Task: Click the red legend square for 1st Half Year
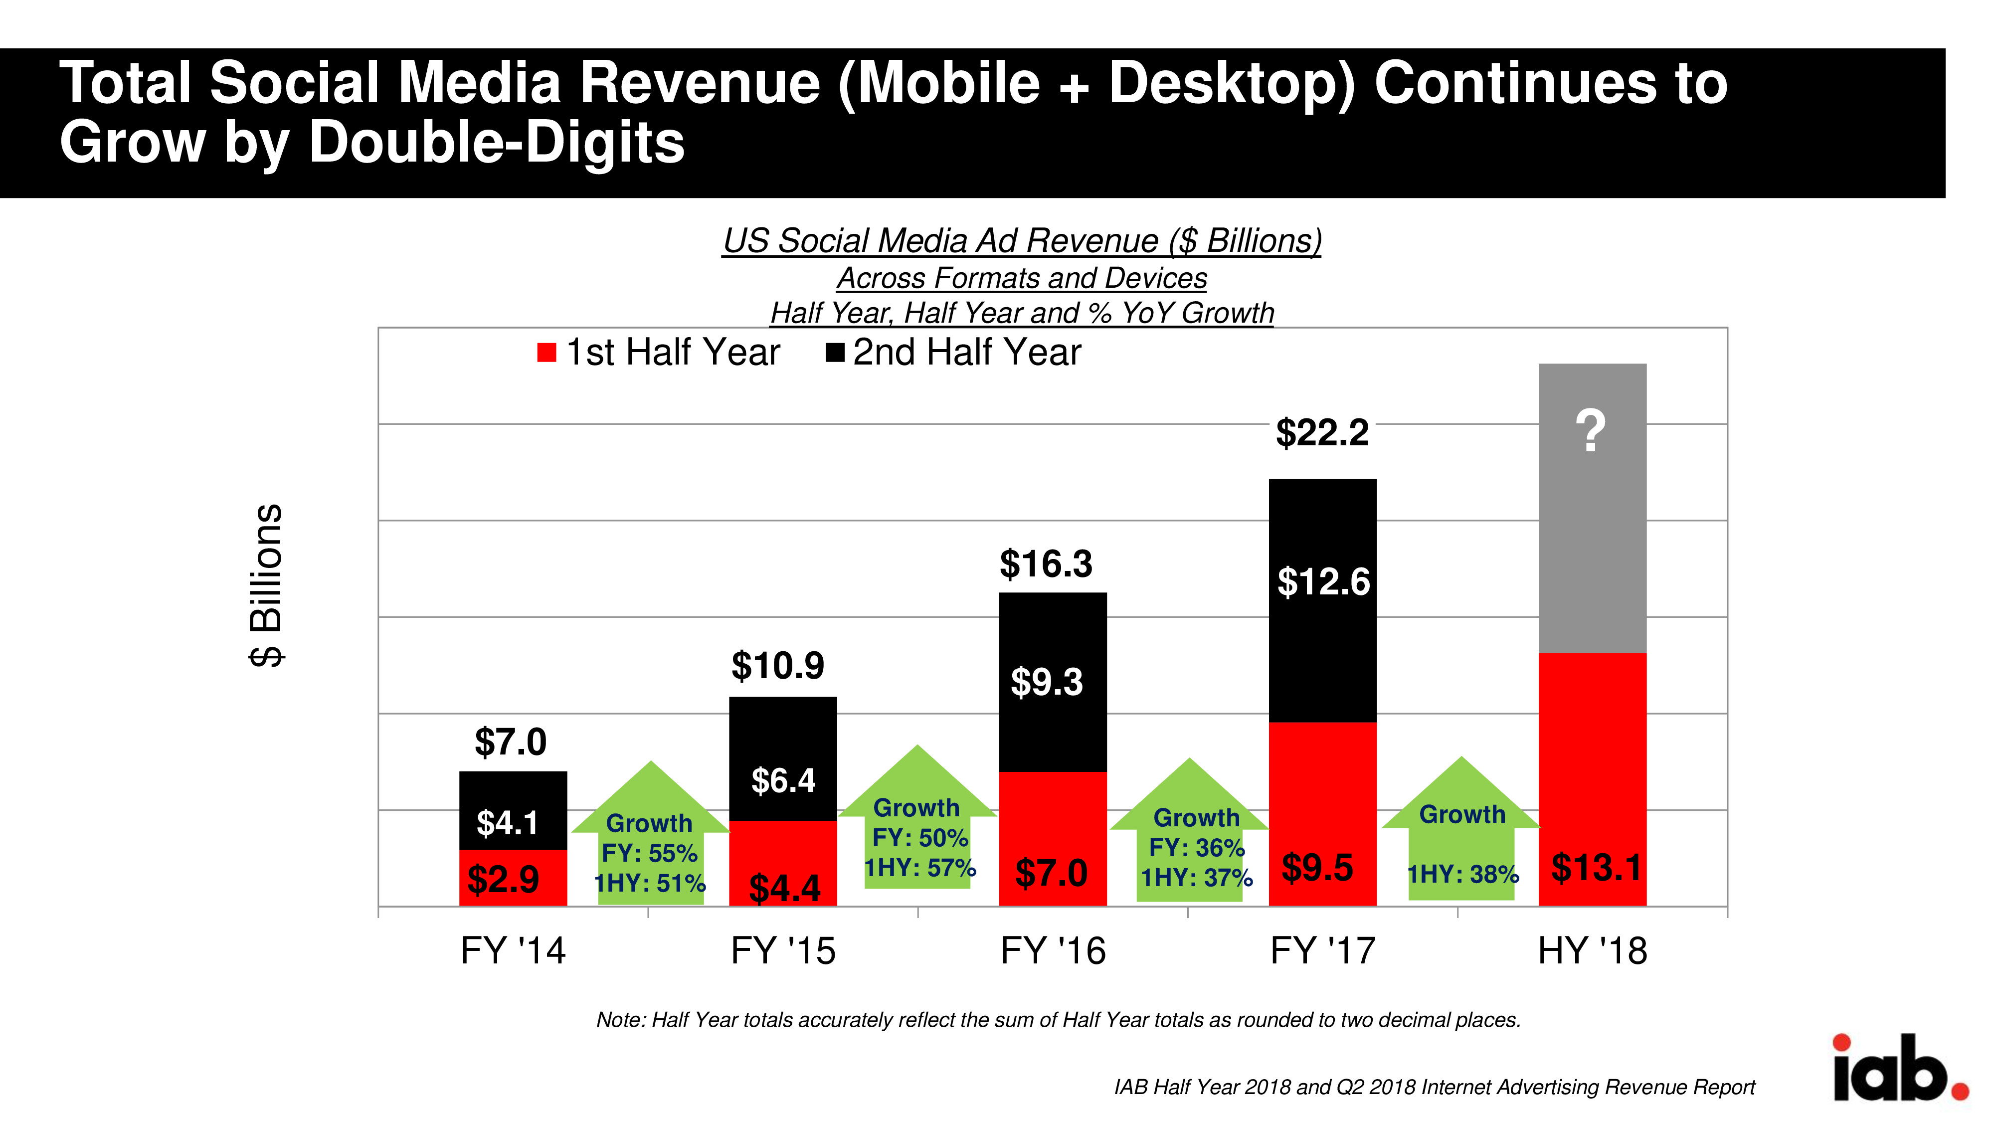pyautogui.click(x=546, y=353)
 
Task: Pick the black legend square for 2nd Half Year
pyautogui.click(x=834, y=353)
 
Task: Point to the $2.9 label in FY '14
pyautogui.click(x=503, y=880)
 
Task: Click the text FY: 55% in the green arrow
pyautogui.click(x=649, y=853)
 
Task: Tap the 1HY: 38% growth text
pyautogui.click(x=1462, y=874)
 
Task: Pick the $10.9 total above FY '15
pyautogui.click(x=777, y=665)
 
